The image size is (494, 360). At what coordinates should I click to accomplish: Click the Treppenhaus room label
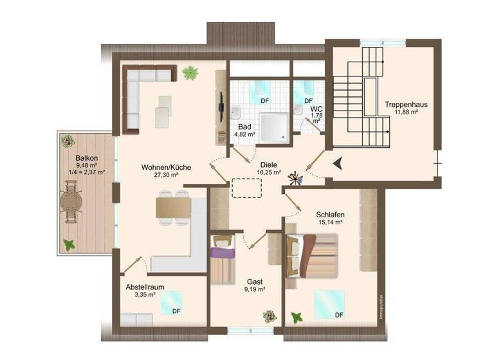click(x=407, y=104)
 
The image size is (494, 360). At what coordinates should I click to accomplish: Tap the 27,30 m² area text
click(x=160, y=175)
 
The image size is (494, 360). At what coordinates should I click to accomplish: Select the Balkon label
click(x=86, y=157)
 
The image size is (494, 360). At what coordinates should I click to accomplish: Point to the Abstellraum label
click(x=147, y=287)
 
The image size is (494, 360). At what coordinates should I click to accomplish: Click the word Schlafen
click(x=330, y=215)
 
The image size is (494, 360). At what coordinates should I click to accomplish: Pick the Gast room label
click(x=255, y=282)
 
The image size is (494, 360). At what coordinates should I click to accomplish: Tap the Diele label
click(x=269, y=165)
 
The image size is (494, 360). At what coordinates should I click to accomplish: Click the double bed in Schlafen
click(x=313, y=255)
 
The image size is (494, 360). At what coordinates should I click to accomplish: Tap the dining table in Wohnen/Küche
click(x=173, y=208)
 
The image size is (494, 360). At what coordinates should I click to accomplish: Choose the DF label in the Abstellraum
click(x=176, y=311)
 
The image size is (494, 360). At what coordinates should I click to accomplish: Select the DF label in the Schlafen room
click(x=339, y=315)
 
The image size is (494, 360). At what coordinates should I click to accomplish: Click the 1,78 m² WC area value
click(x=316, y=116)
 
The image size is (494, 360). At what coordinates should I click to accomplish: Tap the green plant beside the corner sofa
click(x=190, y=73)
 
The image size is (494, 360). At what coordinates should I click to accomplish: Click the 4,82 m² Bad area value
click(x=244, y=134)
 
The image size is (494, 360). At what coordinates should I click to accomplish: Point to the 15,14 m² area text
click(x=329, y=222)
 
